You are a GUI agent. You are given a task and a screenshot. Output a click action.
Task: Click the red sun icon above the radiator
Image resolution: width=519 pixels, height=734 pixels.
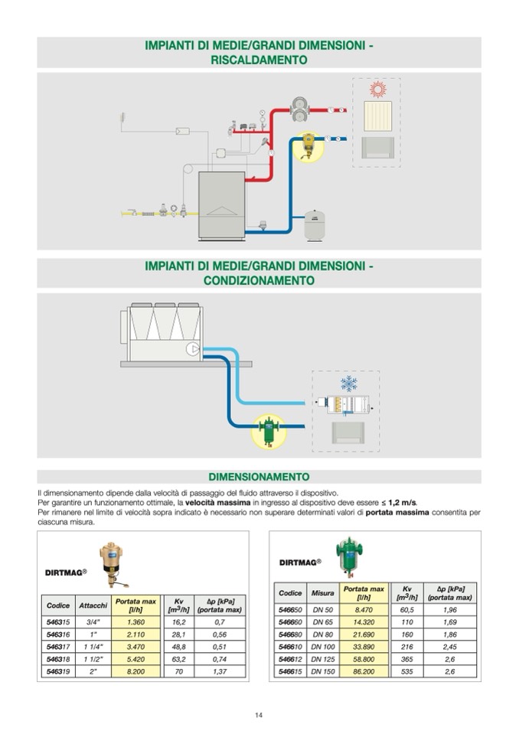tap(377, 90)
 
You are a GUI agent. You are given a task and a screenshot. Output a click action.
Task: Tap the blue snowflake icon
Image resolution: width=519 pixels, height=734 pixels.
tap(348, 383)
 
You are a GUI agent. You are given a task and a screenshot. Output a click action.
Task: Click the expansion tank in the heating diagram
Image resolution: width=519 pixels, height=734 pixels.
tap(314, 226)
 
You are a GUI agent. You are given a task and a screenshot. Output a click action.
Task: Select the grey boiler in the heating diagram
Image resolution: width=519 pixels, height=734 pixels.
tap(222, 204)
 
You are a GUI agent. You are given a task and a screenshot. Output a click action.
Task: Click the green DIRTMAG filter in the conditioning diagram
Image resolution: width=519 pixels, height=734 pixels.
tap(269, 429)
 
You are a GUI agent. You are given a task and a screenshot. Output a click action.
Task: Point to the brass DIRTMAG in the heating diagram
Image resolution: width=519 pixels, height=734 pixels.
tap(308, 145)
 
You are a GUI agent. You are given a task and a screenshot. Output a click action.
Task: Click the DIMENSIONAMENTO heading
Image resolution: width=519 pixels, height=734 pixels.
tap(259, 476)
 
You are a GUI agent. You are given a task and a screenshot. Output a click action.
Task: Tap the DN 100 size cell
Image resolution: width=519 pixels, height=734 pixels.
tap(323, 645)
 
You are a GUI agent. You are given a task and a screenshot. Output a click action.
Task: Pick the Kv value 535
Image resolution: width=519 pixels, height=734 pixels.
tap(407, 671)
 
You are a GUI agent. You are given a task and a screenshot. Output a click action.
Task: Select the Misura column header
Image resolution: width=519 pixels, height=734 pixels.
tap(323, 593)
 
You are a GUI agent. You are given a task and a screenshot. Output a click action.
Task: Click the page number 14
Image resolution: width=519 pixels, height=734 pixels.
tap(259, 715)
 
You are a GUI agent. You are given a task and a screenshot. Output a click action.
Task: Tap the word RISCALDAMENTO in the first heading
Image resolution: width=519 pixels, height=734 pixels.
tap(259, 60)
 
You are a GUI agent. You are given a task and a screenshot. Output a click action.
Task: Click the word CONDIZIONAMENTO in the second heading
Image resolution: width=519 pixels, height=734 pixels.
tap(259, 281)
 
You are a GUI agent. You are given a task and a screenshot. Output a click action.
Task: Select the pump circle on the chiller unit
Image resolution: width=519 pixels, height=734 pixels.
tap(192, 350)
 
